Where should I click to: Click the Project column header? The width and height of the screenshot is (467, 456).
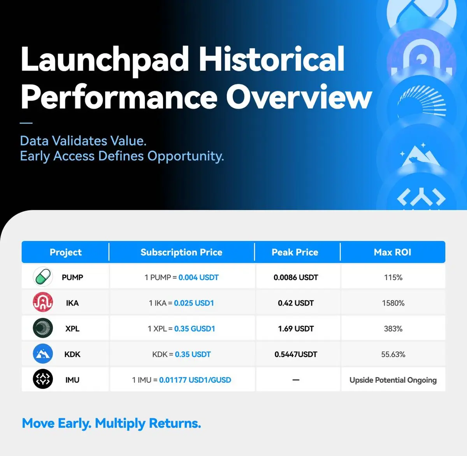coord(65,252)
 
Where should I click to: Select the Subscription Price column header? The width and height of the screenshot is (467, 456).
coord(181,252)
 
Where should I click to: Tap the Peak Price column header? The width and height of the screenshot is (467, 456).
coord(295,252)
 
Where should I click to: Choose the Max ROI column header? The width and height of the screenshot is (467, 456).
coord(393,252)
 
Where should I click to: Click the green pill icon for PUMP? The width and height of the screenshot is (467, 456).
coord(43,276)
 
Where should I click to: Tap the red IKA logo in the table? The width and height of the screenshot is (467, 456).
coord(43,302)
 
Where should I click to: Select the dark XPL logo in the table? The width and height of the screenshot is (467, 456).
coord(43,328)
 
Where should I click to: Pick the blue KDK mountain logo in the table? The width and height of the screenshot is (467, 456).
coord(43,354)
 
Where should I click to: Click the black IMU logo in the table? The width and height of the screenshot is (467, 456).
coord(43,379)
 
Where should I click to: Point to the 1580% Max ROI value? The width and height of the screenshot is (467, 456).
coord(393,303)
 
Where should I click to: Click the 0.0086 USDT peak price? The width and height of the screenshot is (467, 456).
coord(296,277)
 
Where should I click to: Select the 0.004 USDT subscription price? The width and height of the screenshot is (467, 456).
coord(198,277)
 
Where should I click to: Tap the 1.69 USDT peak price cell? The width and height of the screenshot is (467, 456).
coord(296,329)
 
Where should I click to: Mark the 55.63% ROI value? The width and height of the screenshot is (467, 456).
coord(393,354)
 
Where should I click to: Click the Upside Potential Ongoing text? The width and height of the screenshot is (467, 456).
coord(393,380)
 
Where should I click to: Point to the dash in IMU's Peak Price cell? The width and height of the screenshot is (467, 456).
coord(296,380)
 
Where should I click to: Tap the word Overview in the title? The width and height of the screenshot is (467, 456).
coord(299,97)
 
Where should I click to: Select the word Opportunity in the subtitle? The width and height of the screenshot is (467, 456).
coord(186,156)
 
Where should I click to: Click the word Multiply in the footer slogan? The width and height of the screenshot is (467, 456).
coord(120,423)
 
